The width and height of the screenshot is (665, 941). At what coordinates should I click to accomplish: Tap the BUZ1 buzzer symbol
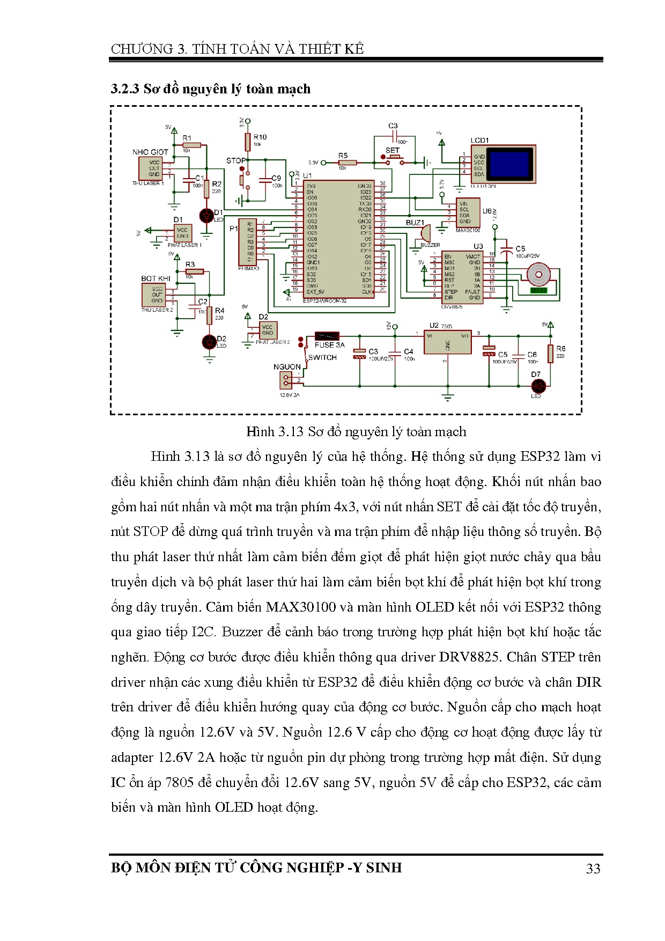(425, 233)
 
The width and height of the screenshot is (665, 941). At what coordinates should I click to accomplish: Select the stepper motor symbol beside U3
(538, 275)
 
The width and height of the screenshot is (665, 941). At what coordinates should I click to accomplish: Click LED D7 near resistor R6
(537, 386)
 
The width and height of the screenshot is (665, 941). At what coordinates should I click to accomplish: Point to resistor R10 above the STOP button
(247, 142)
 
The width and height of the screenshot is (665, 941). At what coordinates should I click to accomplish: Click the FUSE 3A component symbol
(327, 335)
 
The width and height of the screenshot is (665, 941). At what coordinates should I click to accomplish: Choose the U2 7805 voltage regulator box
(447, 342)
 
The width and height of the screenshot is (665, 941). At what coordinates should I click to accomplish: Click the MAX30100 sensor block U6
(468, 212)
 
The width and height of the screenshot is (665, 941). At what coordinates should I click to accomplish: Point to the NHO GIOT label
(150, 152)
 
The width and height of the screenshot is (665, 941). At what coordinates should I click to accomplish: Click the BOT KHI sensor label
(156, 278)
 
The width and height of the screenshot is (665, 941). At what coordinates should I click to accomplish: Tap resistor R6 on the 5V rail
(550, 354)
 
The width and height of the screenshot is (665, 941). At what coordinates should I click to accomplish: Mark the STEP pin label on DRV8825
(450, 292)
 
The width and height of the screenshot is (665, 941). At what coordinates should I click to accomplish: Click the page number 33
(593, 869)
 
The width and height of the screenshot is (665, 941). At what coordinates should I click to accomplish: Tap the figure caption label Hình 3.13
(275, 432)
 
